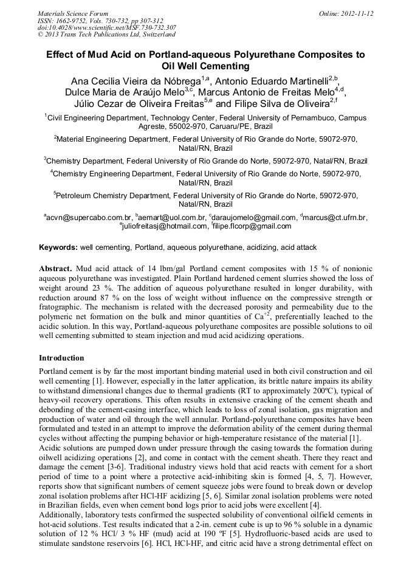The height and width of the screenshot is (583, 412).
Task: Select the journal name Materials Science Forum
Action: click(x=73, y=13)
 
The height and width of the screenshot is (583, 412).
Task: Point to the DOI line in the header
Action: click(x=107, y=27)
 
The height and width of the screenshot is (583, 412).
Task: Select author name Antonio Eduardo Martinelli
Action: click(x=275, y=80)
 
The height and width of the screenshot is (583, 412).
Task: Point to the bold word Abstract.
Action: click(x=55, y=268)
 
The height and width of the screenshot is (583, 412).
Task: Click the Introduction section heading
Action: click(x=61, y=358)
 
